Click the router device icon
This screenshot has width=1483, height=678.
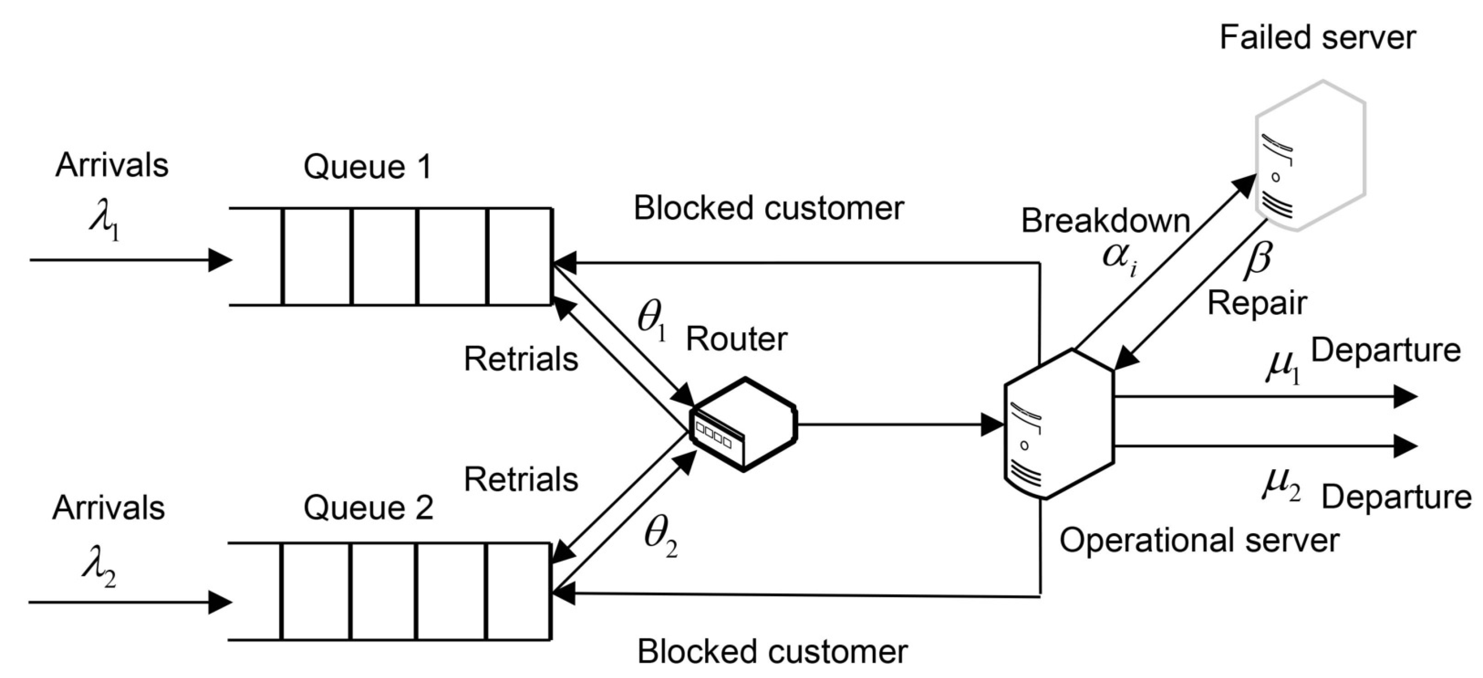(x=743, y=425)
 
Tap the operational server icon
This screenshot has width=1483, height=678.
(x=1058, y=424)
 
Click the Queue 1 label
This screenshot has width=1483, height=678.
(x=367, y=167)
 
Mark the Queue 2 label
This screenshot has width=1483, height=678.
(x=368, y=508)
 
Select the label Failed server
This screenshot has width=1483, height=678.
(x=1317, y=38)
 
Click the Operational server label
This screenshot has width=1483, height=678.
(x=1199, y=540)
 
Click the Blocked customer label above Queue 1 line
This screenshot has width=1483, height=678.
(x=769, y=208)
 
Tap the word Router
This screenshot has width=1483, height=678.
(x=736, y=339)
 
